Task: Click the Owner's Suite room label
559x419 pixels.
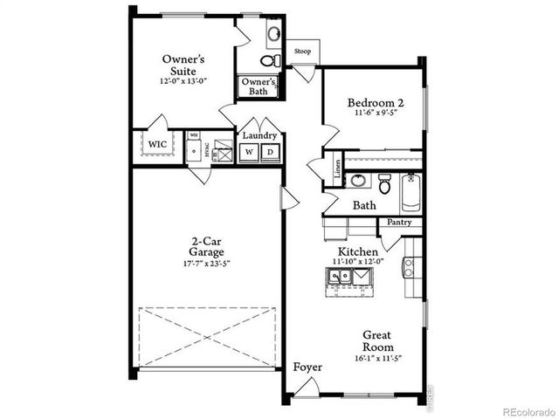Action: click(183, 65)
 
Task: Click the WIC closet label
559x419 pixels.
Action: click(157, 144)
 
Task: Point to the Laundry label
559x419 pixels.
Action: click(259, 136)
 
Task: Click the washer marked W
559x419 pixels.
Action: click(250, 152)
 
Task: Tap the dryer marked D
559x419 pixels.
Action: click(270, 152)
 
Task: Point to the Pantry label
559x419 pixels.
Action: click(399, 223)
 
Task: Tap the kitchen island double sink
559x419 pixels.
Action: click(346, 277)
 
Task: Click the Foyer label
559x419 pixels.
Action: click(307, 367)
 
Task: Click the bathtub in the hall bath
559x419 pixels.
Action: click(412, 192)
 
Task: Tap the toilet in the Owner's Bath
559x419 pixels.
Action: click(270, 59)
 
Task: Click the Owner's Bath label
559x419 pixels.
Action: click(259, 86)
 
